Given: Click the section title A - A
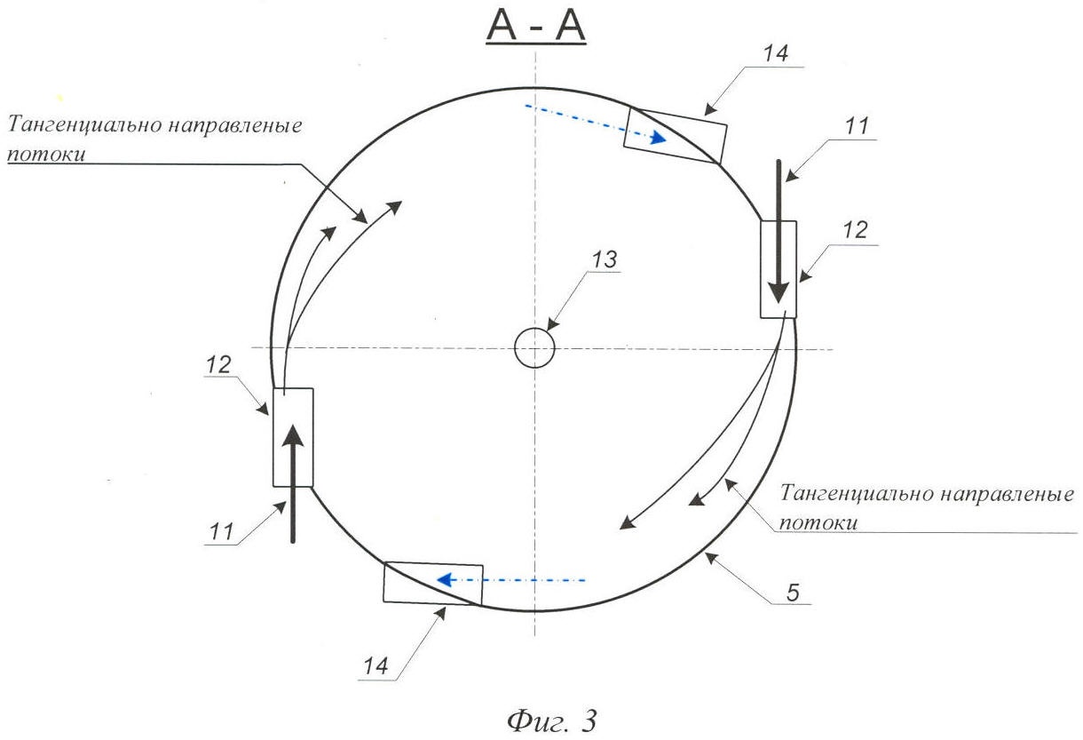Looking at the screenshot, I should [x=536, y=27].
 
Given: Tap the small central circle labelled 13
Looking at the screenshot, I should [x=535, y=347].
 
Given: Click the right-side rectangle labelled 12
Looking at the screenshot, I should [x=779, y=269].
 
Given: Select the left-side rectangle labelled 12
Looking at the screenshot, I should [x=293, y=437].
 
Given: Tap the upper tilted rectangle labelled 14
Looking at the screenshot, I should [x=675, y=136].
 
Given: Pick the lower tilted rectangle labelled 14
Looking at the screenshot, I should [x=433, y=584].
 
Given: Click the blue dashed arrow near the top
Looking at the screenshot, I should [x=595, y=122].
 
